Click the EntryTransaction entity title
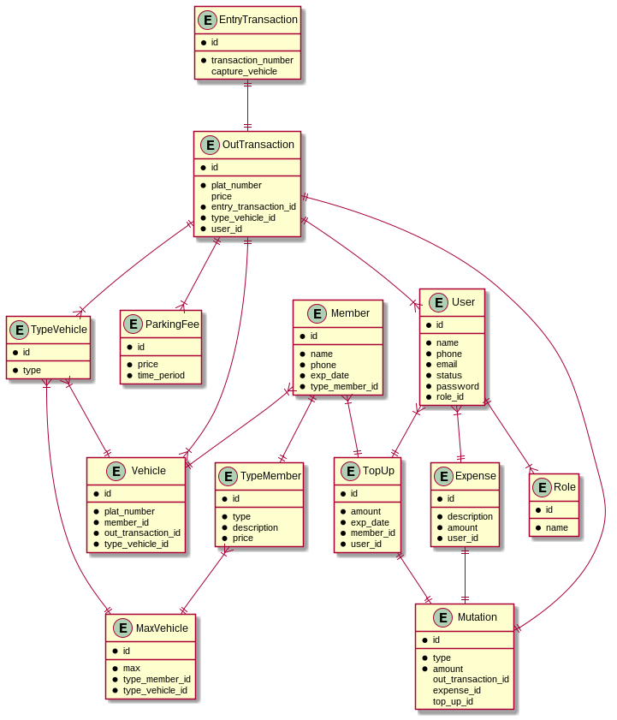[x=258, y=20]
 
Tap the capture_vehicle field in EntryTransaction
[x=244, y=71]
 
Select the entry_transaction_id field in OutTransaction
[x=253, y=206]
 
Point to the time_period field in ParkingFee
[x=161, y=375]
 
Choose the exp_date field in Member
[x=329, y=375]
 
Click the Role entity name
[x=565, y=487]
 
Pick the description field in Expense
[x=470, y=516]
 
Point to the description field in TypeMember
[x=255, y=527]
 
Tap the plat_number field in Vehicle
[x=129, y=510]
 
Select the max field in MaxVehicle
[x=131, y=668]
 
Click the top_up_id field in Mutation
[x=453, y=701]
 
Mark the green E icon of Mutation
[x=443, y=617]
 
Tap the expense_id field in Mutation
[x=456, y=690]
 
